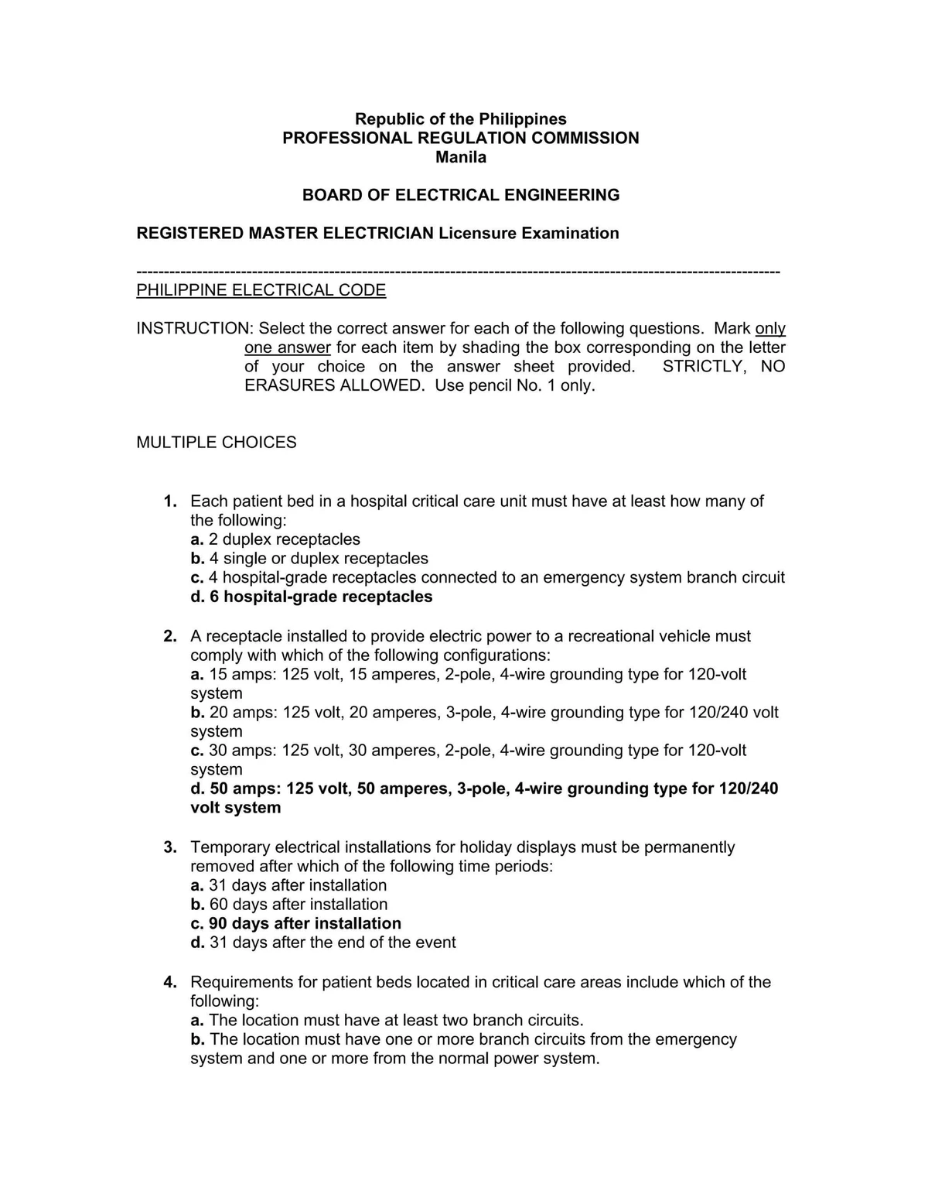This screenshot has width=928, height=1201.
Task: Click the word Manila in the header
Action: click(460, 157)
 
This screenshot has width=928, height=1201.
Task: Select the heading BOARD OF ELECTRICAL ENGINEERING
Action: click(460, 195)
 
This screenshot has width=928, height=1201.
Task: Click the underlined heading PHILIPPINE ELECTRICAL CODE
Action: click(261, 290)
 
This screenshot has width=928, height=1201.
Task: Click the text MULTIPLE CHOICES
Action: click(217, 442)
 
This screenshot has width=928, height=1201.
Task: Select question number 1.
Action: click(170, 501)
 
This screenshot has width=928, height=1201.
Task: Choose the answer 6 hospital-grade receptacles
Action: click(312, 597)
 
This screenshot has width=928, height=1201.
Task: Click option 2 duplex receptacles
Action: click(275, 539)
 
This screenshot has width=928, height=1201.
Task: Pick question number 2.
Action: click(170, 636)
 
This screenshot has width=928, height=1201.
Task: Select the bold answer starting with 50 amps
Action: click(484, 789)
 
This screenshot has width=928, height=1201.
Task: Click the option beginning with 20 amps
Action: click(484, 713)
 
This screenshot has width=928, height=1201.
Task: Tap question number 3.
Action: click(170, 847)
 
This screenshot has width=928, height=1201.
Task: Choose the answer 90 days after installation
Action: click(296, 923)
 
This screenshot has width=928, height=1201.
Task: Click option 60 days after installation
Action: click(289, 905)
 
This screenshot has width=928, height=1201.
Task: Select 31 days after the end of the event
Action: click(323, 943)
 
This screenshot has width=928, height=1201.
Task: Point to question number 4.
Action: click(170, 982)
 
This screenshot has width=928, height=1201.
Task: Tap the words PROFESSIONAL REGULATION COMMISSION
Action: click(460, 138)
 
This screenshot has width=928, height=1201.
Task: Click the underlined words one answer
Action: click(288, 347)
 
